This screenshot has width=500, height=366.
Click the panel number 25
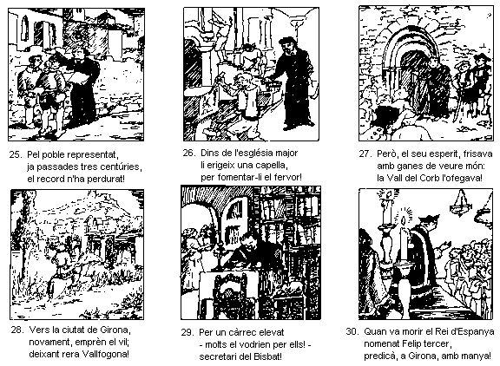[x=15, y=154]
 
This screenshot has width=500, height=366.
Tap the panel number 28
[x=16, y=330]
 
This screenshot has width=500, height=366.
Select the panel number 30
[x=352, y=331]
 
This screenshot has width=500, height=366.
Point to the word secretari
[x=218, y=356]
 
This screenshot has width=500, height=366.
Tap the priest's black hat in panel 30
[x=429, y=219]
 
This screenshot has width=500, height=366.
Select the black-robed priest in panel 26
[x=293, y=83]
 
